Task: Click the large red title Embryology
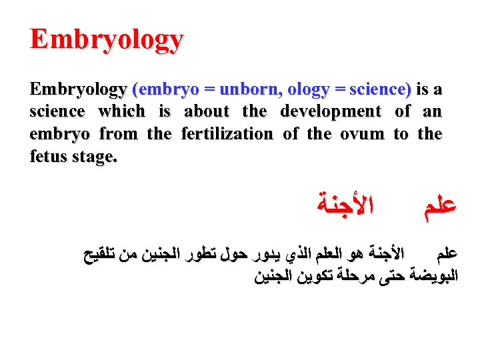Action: [106, 39]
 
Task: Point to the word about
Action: [206, 111]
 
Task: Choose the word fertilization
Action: [227, 134]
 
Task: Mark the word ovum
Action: [363, 134]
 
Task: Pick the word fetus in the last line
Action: [49, 157]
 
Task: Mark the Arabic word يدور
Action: [266, 254]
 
